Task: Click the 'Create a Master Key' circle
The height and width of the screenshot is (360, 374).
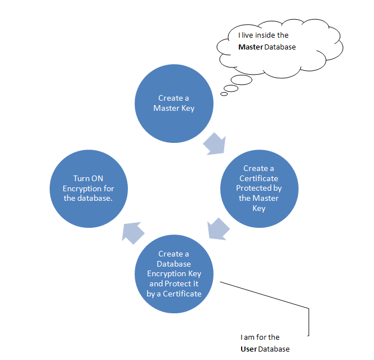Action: pos(173,103)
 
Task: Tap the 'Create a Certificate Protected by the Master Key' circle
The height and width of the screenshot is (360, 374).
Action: pos(259,188)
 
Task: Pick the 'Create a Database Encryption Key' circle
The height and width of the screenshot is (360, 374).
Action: pos(173,273)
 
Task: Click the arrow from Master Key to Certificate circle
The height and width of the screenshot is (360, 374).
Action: pos(215,143)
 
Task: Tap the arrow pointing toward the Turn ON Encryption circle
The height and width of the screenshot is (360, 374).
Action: pos(133,232)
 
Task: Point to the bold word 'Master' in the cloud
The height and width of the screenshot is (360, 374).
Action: pos(250,47)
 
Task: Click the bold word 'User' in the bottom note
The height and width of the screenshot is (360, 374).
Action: pos(249,349)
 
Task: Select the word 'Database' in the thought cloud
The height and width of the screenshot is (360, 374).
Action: pos(280,47)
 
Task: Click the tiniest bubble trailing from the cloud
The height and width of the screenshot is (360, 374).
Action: pos(224,94)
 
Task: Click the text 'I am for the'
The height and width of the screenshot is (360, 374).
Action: pos(260,337)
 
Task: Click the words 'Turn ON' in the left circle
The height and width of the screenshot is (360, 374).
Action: pos(88,178)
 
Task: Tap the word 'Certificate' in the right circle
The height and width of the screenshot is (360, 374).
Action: pos(259,178)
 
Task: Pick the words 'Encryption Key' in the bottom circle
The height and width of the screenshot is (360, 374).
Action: pos(173,274)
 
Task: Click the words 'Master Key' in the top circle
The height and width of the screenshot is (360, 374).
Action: pos(173,108)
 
